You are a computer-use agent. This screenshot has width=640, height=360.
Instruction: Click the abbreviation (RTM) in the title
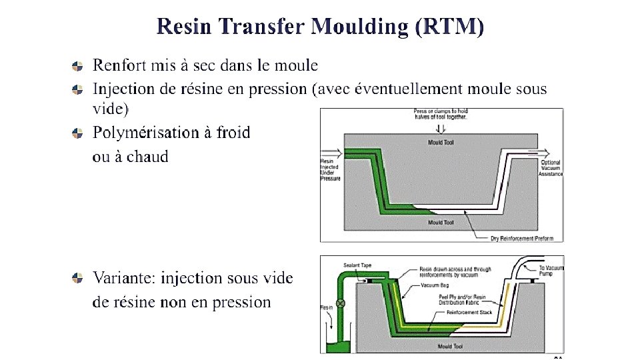(x=449, y=27)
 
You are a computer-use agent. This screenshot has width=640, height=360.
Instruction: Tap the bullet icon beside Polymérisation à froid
(x=78, y=133)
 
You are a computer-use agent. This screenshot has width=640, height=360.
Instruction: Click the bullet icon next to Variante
(x=78, y=277)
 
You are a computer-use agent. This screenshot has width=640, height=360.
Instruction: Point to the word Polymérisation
(x=143, y=133)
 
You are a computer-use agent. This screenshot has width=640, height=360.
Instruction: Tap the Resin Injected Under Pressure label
(x=330, y=170)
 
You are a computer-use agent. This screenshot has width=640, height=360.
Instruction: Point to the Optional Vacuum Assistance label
(x=551, y=168)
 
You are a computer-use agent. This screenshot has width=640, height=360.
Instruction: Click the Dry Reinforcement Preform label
(x=522, y=238)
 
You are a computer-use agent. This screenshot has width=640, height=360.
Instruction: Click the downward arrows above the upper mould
(x=439, y=128)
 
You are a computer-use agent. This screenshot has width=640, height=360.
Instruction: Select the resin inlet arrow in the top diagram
(x=331, y=151)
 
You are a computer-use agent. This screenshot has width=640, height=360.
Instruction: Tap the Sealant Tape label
(x=356, y=265)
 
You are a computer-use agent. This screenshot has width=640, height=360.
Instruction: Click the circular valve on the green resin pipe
(x=341, y=303)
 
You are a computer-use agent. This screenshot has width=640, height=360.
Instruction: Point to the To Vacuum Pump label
(x=551, y=271)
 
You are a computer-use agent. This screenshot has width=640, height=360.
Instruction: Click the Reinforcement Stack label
(x=469, y=312)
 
